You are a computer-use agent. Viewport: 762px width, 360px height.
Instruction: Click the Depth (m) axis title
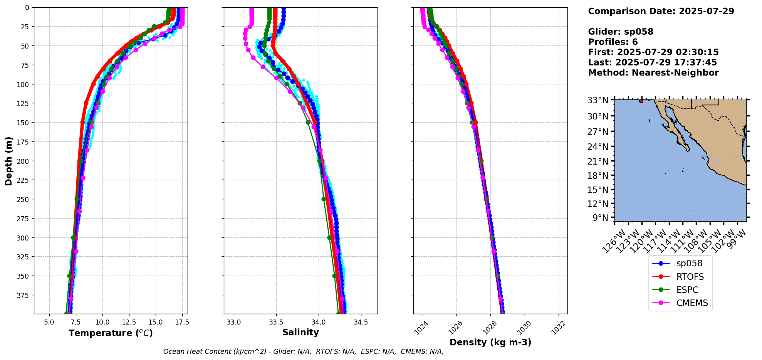pyautogui.click(x=8, y=161)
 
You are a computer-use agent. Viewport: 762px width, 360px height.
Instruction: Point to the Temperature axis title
pyautogui.click(x=111, y=333)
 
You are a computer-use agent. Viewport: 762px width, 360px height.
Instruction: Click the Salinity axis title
pyautogui.click(x=300, y=333)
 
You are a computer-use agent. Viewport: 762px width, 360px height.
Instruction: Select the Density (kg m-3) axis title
pyautogui.click(x=490, y=342)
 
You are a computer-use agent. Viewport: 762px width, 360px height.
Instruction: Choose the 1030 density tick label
pyautogui.click(x=524, y=327)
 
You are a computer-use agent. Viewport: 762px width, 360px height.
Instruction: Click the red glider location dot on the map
pyautogui.click(x=641, y=101)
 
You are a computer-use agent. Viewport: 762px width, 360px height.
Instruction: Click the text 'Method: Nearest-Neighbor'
pyautogui.click(x=653, y=73)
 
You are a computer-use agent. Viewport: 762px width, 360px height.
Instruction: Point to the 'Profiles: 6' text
pyautogui.click(x=613, y=42)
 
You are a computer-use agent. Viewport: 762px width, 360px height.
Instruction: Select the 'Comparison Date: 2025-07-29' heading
pyautogui.click(x=661, y=11)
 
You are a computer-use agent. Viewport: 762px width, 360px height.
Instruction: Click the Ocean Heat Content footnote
pyautogui.click(x=303, y=352)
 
